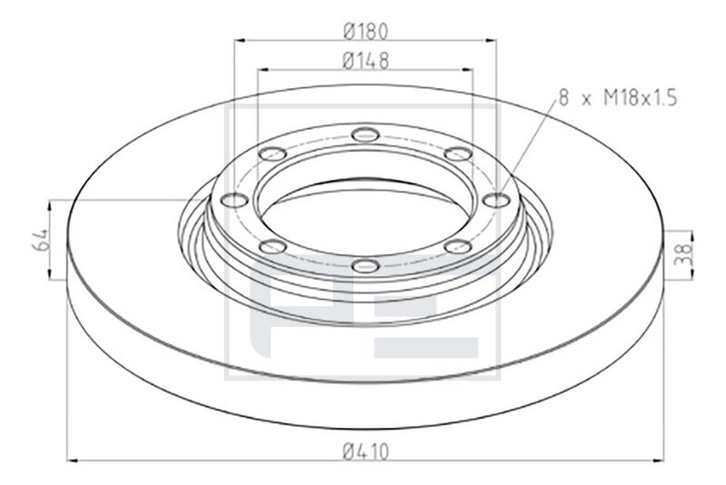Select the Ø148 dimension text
(x=367, y=61)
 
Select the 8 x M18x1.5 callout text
(x=618, y=98)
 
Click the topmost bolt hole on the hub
(x=364, y=134)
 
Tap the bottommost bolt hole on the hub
(x=365, y=266)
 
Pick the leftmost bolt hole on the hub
(x=234, y=200)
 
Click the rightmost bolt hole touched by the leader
(x=495, y=199)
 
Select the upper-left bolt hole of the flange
(x=271, y=153)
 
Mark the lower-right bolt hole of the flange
(x=458, y=246)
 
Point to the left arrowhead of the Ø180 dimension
(x=240, y=40)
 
